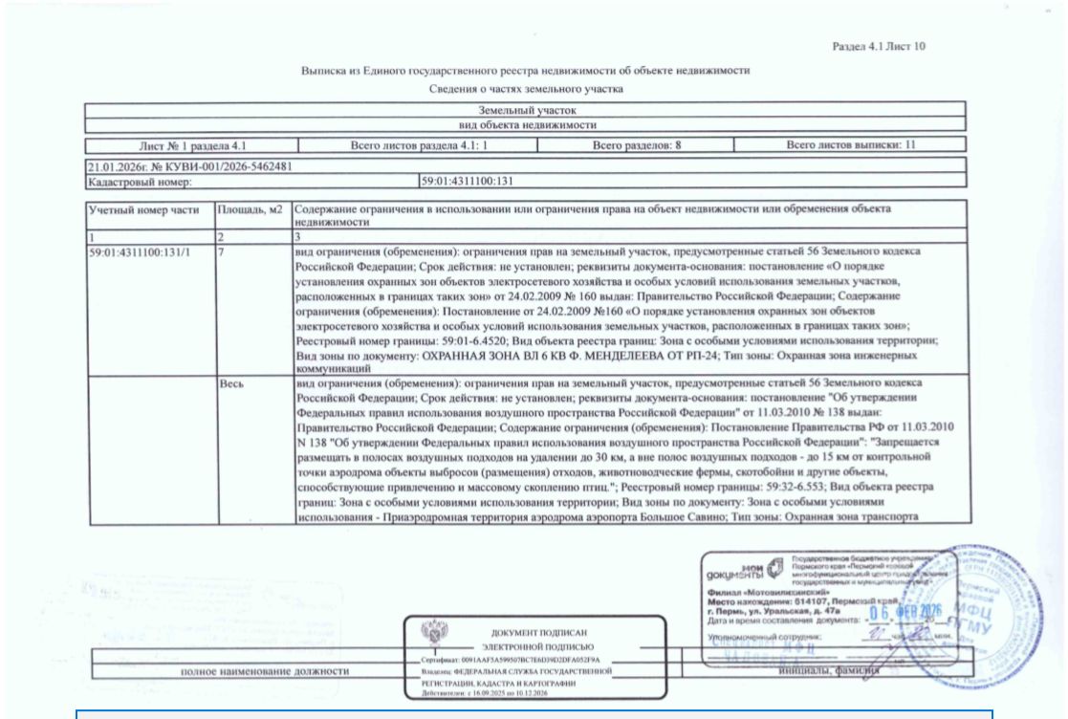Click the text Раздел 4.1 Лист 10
point(877,47)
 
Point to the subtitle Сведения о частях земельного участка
point(527,90)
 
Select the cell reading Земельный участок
point(527,112)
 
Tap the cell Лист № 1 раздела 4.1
point(191,144)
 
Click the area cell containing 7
point(222,251)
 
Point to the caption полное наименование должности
point(265,671)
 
